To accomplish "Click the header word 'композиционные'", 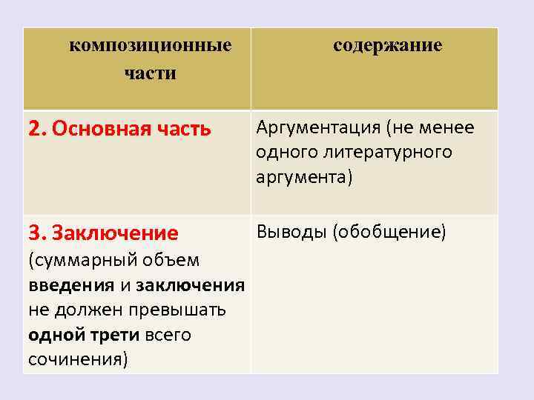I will pos(151,46).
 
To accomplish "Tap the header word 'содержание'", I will pos(387,46).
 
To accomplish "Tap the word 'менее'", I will pos(447,128).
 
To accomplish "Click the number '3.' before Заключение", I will pos(37,234).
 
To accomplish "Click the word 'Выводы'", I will pos(291,233).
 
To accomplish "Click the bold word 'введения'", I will pos(71,285).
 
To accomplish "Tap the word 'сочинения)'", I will pos(78,359).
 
